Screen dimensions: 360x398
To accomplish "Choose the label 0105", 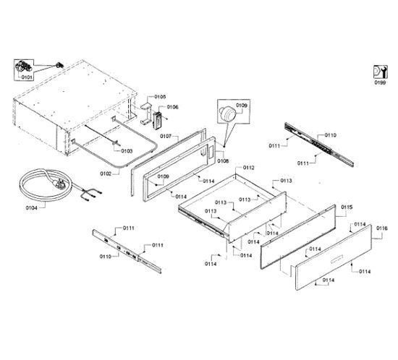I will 160,96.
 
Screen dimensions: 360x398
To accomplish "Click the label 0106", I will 172,107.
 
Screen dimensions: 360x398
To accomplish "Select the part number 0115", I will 347,207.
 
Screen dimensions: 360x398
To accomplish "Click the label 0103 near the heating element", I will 126,151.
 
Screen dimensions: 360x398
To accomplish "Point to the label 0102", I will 106,173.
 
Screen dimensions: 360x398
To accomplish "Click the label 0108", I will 223,160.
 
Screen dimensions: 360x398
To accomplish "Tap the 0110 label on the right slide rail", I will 330,135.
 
